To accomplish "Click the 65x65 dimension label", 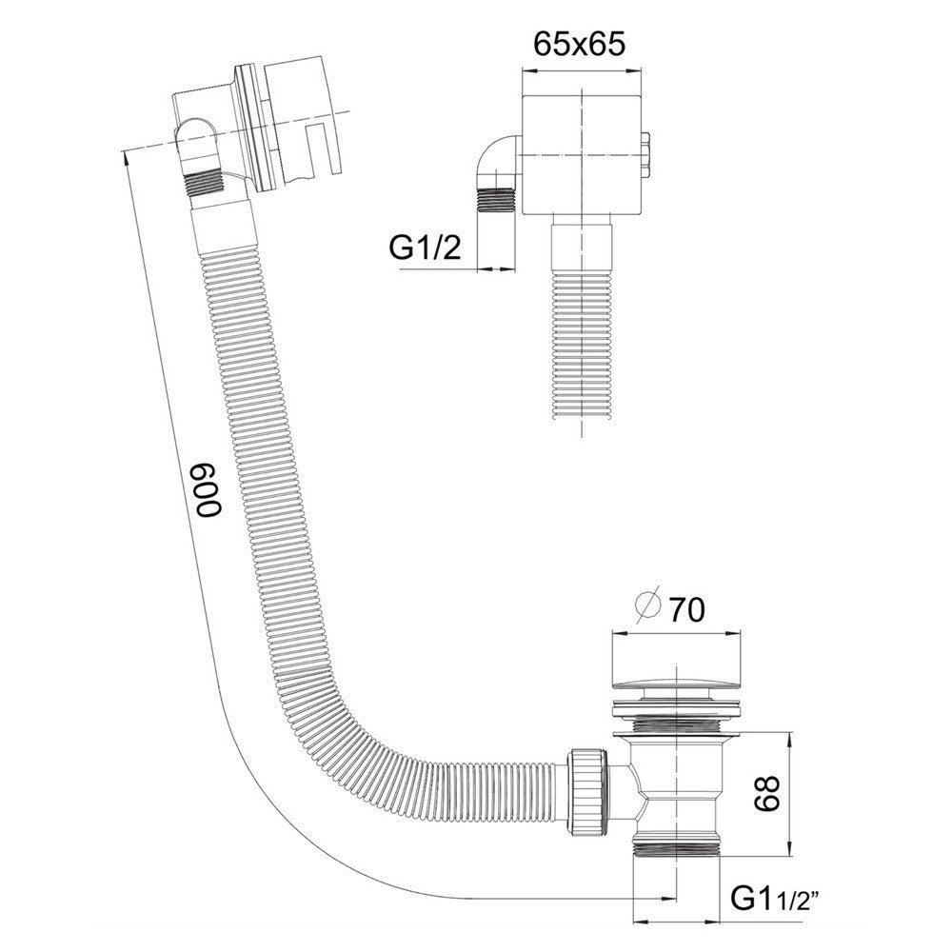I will coord(579,45).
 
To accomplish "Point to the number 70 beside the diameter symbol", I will coord(686,608).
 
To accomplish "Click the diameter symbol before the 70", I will coord(648,606).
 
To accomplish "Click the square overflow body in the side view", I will coord(581,152).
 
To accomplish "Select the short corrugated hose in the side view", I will coord(580,347).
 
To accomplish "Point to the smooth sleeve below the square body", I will coord(580,244).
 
